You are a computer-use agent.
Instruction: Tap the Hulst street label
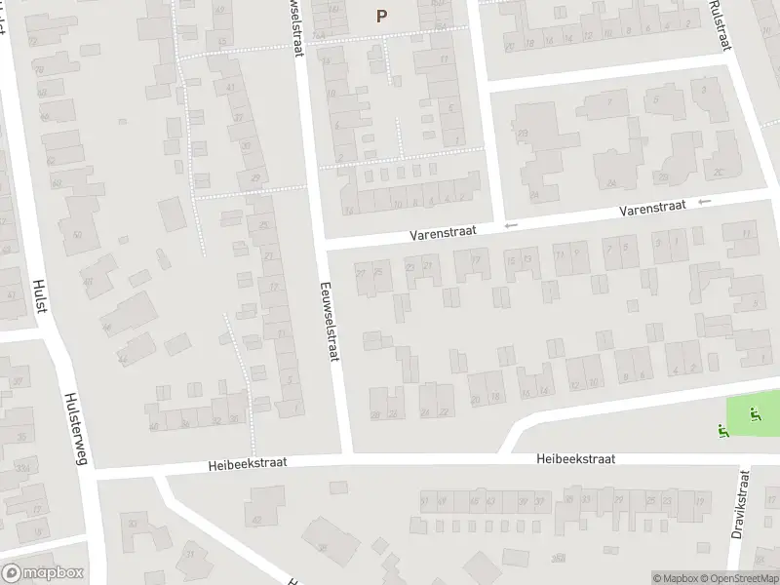40,297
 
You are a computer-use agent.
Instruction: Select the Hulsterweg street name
75,428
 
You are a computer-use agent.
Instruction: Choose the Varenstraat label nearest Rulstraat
652,209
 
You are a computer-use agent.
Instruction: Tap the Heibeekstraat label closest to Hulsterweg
248,465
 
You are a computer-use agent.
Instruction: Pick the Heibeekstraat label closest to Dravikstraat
575,459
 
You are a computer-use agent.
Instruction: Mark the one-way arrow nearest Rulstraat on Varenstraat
705,202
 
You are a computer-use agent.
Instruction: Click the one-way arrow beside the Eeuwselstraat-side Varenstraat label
509,225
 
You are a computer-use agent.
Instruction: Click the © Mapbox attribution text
676,578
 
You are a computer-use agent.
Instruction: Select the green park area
754,417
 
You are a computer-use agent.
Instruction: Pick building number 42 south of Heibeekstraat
257,519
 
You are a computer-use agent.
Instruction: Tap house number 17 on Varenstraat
476,259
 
